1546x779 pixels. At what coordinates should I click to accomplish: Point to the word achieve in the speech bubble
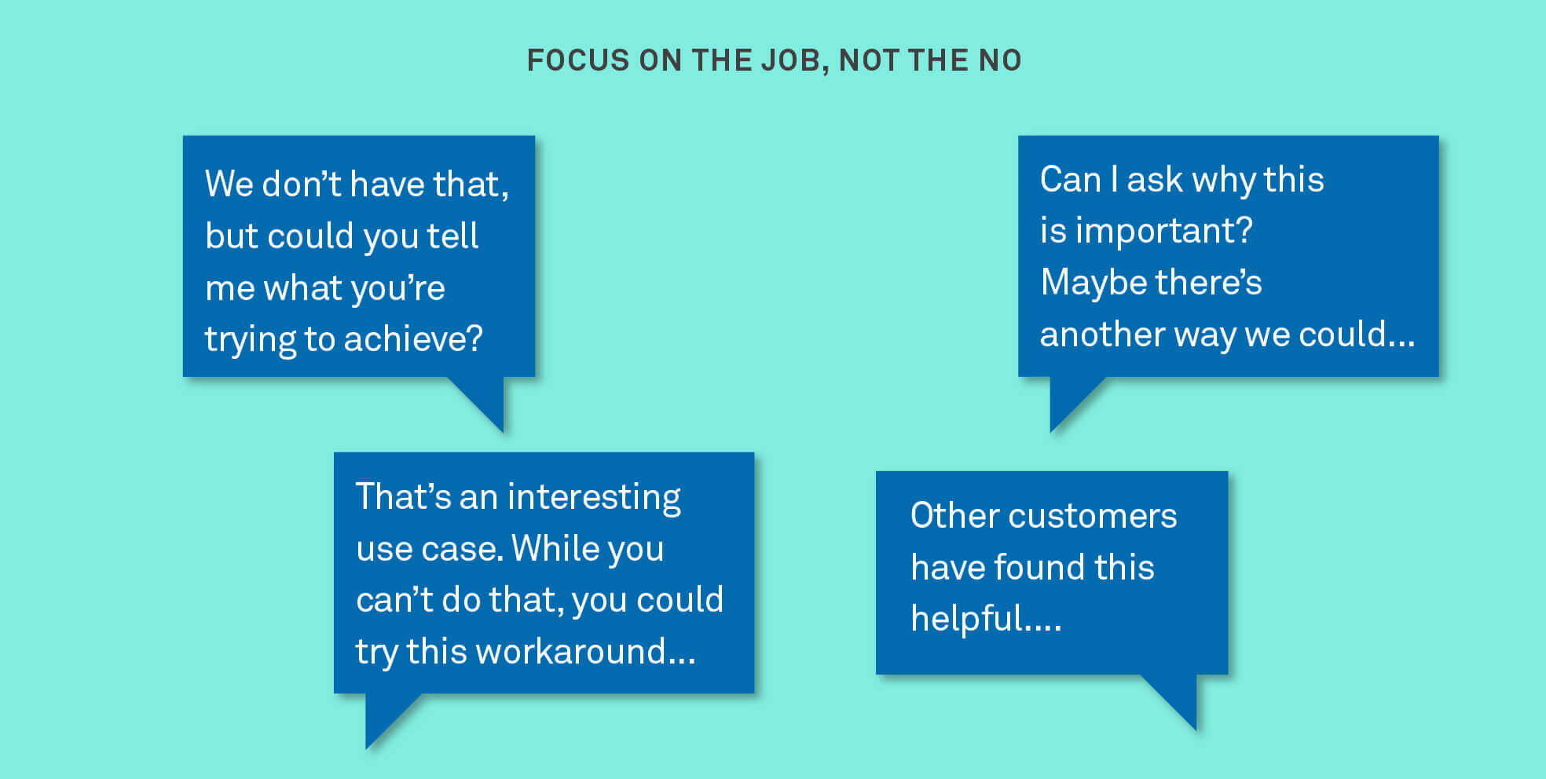[412, 339]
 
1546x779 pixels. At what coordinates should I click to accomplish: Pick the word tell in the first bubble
[452, 236]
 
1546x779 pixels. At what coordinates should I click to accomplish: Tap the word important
[1163, 231]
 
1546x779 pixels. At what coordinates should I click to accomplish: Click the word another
[1102, 335]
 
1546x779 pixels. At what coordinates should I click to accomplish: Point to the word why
[1223, 180]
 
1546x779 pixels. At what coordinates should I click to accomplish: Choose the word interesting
[594, 497]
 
